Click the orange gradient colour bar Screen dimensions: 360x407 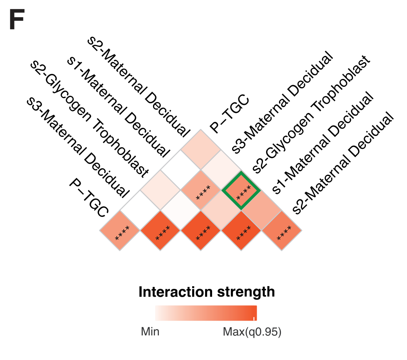tap(206, 313)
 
